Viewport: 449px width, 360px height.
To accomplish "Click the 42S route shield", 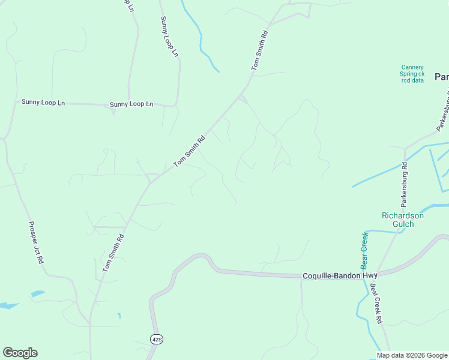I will (x=157, y=340).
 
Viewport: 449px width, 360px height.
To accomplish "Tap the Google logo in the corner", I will (x=20, y=353).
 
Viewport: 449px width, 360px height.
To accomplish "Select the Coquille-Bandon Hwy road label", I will (x=340, y=275).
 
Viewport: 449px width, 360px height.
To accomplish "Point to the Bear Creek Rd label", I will (x=376, y=304).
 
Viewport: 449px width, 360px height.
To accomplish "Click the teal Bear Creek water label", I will (x=364, y=250).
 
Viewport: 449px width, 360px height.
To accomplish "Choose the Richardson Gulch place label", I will (x=403, y=220).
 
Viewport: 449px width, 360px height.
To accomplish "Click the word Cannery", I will (x=412, y=67).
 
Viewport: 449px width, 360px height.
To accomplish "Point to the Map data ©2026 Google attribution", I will (x=412, y=355).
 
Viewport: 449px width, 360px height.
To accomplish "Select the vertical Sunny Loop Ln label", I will (x=169, y=37).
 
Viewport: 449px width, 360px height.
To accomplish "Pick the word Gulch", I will (x=403, y=224).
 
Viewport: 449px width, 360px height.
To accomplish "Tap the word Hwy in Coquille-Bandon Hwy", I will (x=370, y=275).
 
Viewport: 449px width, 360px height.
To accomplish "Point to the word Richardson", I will (x=403, y=215).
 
